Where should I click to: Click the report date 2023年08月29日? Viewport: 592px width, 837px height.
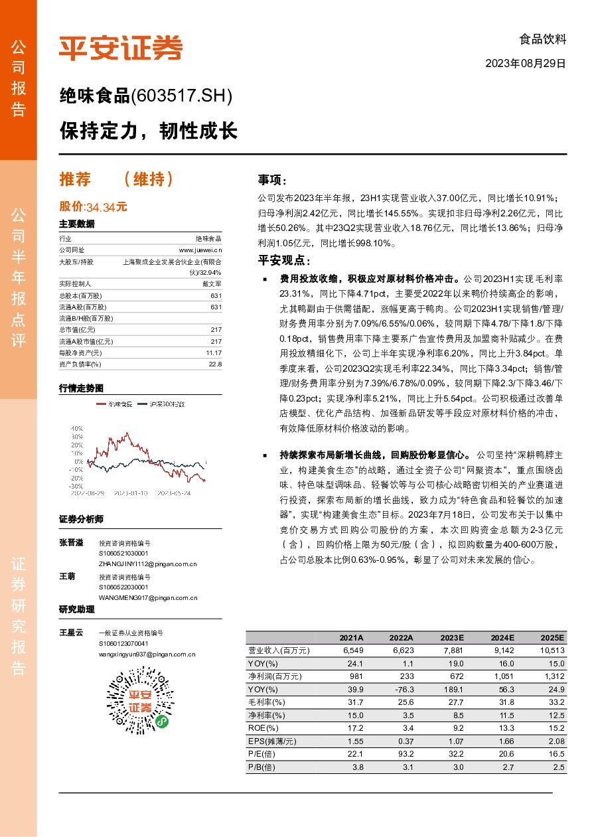526,64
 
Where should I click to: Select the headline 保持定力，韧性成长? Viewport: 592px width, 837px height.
148,130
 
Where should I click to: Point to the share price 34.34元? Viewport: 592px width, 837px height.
106,207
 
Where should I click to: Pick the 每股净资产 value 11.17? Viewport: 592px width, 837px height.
213,352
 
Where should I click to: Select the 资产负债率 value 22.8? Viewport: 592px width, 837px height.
215,364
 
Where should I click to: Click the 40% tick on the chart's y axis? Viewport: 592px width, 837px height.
77,428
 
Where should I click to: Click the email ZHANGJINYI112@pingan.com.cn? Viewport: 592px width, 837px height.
147,564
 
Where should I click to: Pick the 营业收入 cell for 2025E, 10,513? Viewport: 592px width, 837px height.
552,650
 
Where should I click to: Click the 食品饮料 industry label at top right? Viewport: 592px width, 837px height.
543,39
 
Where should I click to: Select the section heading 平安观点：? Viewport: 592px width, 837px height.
284,260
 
